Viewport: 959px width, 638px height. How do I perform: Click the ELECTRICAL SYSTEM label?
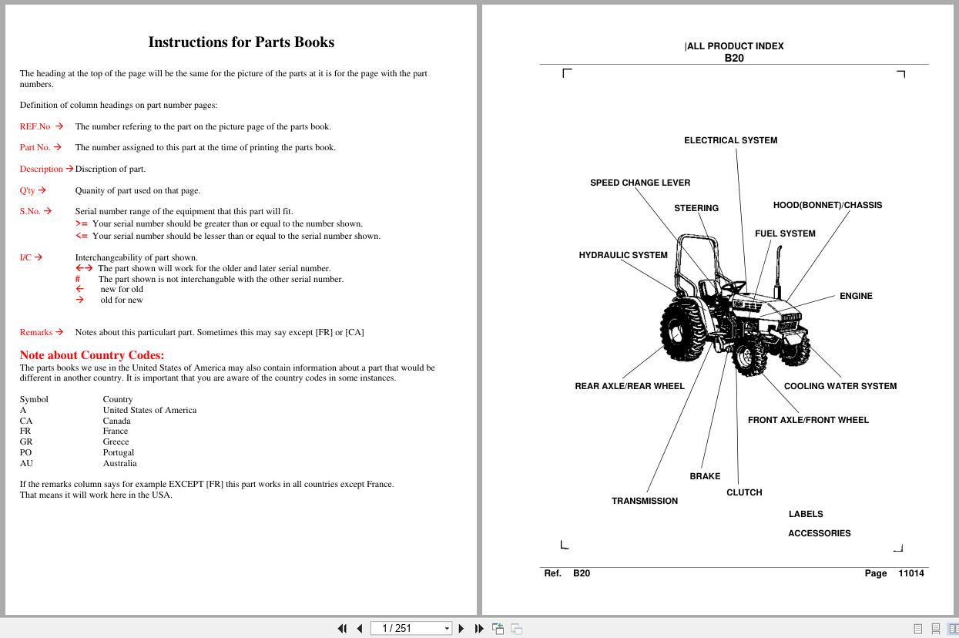[x=730, y=140]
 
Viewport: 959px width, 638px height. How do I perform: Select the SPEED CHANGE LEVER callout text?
[x=640, y=183]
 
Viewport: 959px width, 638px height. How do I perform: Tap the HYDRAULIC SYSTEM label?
[x=623, y=255]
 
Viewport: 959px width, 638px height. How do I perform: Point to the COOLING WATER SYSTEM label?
[x=840, y=386]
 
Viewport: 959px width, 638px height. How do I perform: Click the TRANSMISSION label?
[x=644, y=501]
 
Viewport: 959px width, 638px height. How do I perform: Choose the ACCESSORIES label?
[x=819, y=533]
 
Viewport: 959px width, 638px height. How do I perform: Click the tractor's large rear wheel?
[x=683, y=329]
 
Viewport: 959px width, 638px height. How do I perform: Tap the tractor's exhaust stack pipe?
[x=779, y=271]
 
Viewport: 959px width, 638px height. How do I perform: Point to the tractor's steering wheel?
[x=734, y=286]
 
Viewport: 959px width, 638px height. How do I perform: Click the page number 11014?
[x=910, y=573]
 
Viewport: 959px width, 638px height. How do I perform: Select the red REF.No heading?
[x=35, y=126]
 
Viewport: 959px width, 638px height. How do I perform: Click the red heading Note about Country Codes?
[x=92, y=355]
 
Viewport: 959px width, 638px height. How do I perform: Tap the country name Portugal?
[x=118, y=452]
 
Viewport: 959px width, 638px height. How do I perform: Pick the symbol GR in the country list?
[x=25, y=442]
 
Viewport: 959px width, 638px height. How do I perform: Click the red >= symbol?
[x=82, y=223]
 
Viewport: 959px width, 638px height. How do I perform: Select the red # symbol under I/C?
[x=78, y=279]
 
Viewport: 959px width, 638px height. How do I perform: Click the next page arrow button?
[x=461, y=629]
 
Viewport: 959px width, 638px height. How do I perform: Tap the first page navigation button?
[x=342, y=629]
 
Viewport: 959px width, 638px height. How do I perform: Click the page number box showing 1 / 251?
[x=411, y=628]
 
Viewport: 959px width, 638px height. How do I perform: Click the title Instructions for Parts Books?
[x=241, y=42]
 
